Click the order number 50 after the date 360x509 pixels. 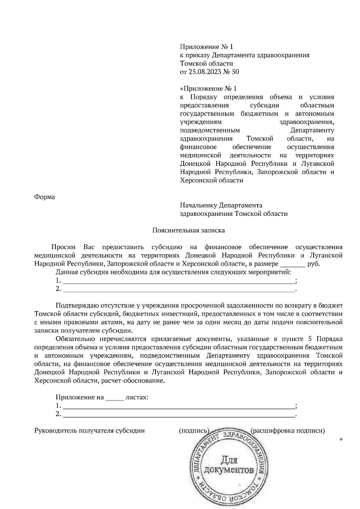click(x=235, y=72)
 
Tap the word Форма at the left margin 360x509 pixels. click(x=45, y=197)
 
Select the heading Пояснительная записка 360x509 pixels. click(x=188, y=230)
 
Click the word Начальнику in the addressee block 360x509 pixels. click(x=198, y=205)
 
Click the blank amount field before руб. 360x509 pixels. click(x=292, y=265)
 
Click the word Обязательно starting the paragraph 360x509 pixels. click(x=75, y=339)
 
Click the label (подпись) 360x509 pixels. click(x=194, y=431)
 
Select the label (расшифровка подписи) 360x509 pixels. click(x=288, y=431)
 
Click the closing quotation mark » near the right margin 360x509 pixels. click(x=341, y=439)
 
